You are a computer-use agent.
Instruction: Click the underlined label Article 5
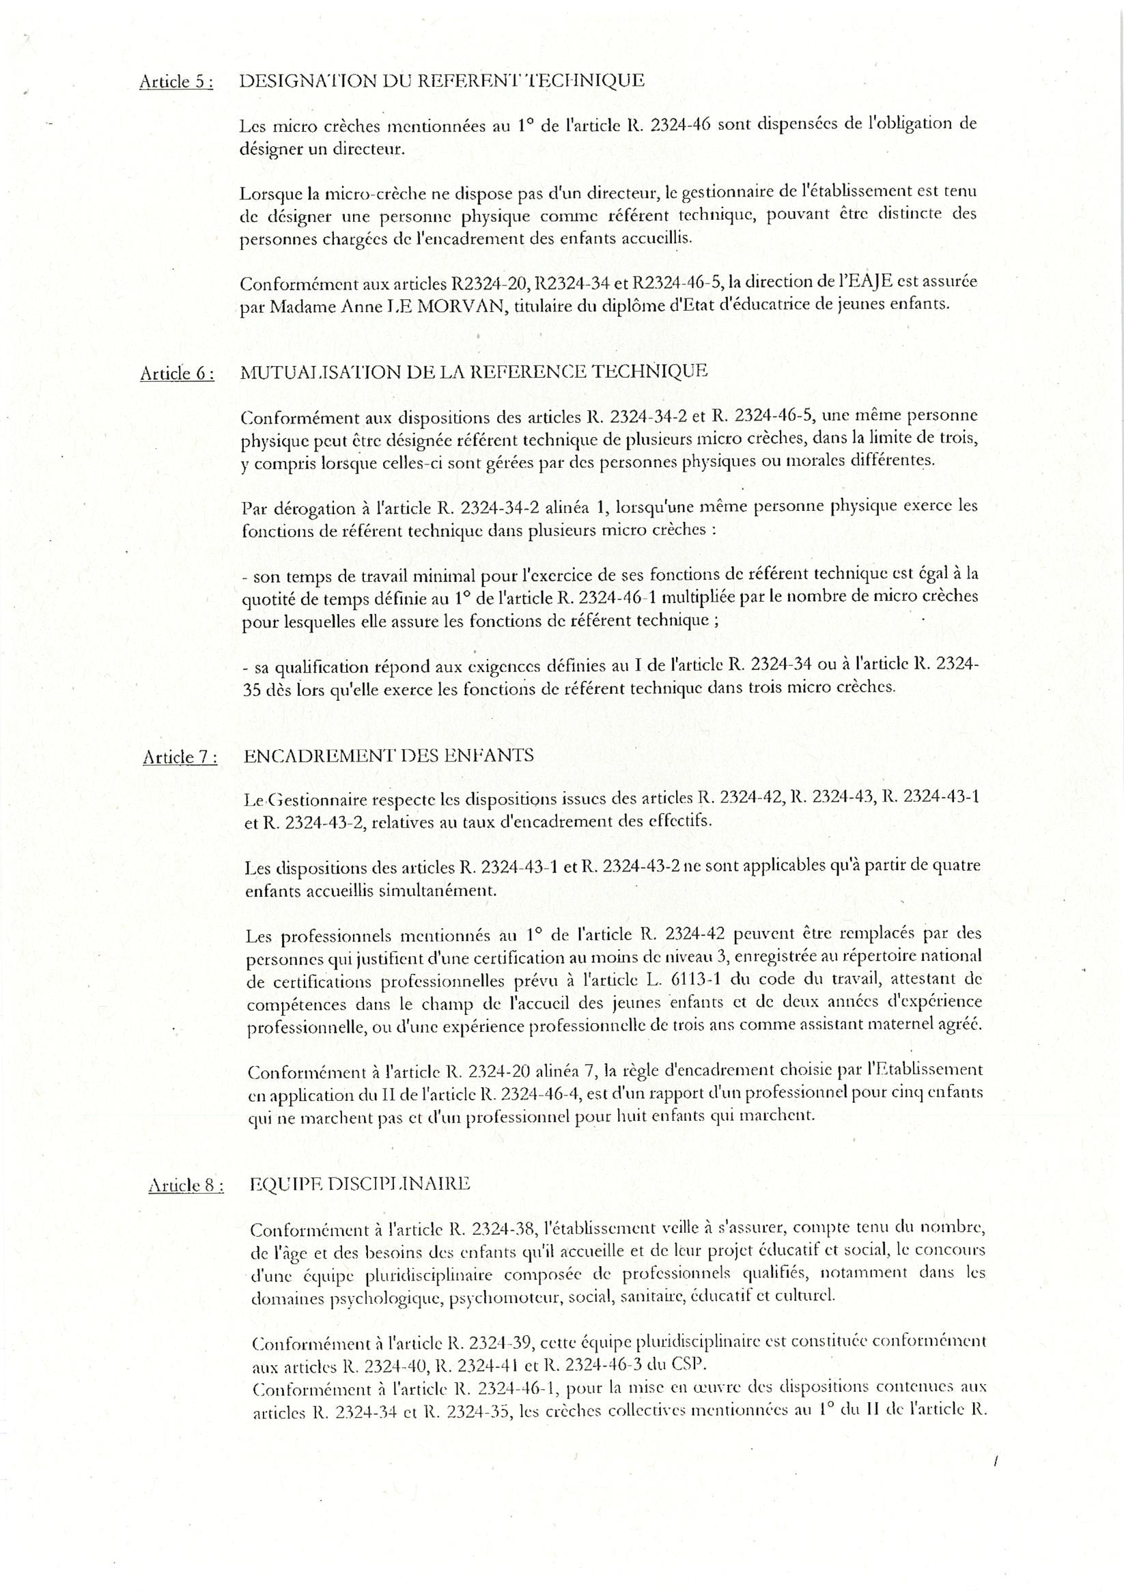(x=175, y=82)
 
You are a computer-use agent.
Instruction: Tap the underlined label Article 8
(x=186, y=1185)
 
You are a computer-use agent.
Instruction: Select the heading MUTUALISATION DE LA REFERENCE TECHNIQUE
(x=474, y=371)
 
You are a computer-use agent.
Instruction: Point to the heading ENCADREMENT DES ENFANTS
(x=389, y=755)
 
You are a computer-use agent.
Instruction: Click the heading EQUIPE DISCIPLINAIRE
(x=359, y=1184)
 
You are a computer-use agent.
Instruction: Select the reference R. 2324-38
(x=493, y=1230)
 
